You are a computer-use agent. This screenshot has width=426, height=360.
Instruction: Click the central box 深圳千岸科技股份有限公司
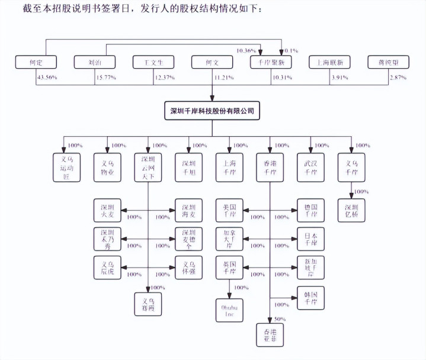point(212,111)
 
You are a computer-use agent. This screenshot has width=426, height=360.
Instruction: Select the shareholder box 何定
point(36,62)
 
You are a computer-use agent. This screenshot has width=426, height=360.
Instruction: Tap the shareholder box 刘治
point(94,62)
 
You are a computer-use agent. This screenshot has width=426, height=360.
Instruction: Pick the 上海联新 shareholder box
point(329,62)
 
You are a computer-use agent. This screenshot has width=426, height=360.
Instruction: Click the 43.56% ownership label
point(48,78)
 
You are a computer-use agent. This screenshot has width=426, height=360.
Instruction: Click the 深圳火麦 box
point(107,211)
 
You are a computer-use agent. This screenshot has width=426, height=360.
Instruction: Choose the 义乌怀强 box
point(189,268)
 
